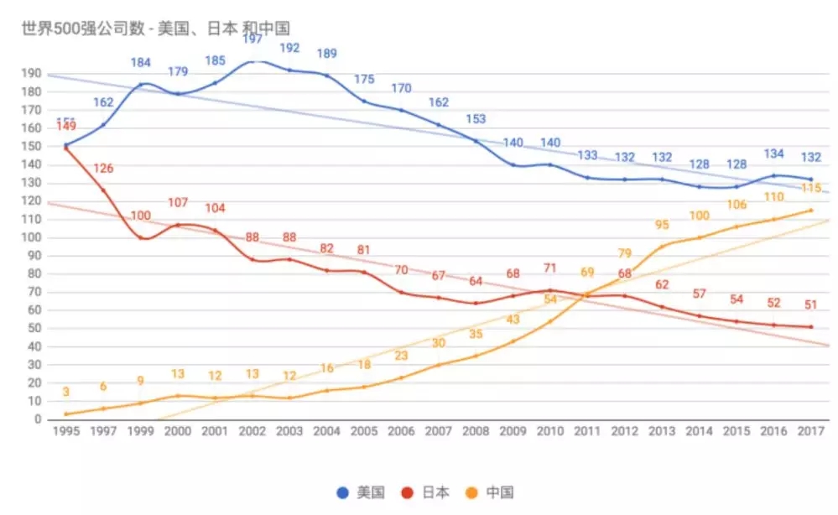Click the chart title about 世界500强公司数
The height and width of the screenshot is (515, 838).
point(156,28)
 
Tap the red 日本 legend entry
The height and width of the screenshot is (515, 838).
point(426,492)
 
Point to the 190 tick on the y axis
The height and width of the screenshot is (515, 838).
point(31,74)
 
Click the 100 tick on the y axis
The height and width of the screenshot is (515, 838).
point(31,237)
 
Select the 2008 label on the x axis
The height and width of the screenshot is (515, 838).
point(476,430)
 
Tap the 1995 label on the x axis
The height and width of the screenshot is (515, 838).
point(65,430)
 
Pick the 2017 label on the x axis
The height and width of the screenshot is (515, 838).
point(810,430)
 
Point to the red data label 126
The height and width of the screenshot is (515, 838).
point(103,169)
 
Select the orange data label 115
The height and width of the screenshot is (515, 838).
point(810,189)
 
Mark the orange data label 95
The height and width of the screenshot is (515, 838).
point(663,225)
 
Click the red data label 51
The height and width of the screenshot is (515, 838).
point(810,305)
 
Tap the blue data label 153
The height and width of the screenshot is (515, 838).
point(476,119)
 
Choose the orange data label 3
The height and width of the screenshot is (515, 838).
point(65,393)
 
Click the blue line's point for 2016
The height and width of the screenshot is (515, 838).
point(773,175)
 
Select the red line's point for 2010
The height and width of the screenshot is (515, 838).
point(550,290)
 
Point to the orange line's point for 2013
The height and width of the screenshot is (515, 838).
point(662,247)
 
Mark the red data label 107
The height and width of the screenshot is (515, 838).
point(179,203)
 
